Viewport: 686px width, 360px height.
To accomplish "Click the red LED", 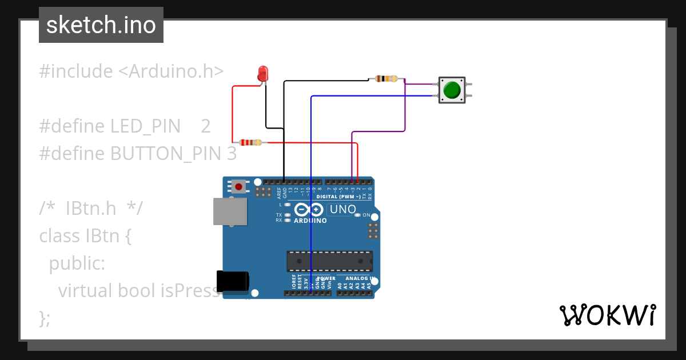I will point(263,73).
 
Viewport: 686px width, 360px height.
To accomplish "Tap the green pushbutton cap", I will point(452,90).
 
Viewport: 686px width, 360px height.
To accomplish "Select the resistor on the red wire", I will point(250,142).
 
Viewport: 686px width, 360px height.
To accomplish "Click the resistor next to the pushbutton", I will point(386,78).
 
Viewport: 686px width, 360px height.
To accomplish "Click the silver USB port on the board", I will point(230,211).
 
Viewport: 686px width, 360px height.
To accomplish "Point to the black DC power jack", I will point(233,282).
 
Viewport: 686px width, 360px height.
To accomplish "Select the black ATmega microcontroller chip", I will point(329,261).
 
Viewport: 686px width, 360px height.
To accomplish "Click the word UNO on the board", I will point(343,210).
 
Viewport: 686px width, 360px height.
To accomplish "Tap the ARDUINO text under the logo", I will point(310,221).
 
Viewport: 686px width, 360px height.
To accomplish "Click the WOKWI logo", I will point(607,315).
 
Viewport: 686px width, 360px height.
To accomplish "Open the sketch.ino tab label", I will point(101,25).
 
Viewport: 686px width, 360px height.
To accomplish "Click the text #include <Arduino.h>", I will point(131,71).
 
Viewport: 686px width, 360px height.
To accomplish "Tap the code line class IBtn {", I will point(86,235).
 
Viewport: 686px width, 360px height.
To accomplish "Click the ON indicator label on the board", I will point(366,215).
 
